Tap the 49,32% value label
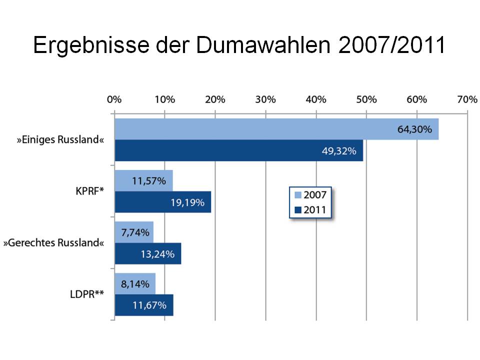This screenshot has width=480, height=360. tap(339, 151)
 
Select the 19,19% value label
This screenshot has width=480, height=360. tap(187, 202)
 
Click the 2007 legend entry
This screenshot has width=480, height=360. tap(310, 195)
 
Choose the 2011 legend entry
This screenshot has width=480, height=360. tap(310, 209)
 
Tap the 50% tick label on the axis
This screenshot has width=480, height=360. tap(366, 99)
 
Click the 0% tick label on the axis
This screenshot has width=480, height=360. tap(114, 99)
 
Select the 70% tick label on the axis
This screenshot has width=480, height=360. tap(467, 99)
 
